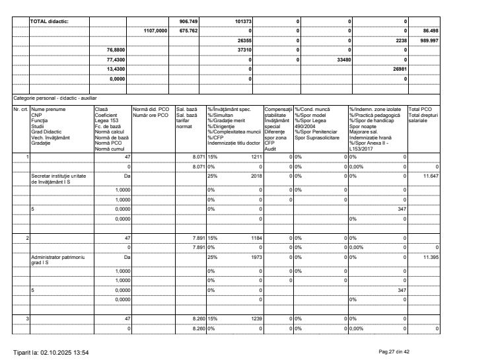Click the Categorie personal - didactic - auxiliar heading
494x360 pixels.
click(x=54, y=98)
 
